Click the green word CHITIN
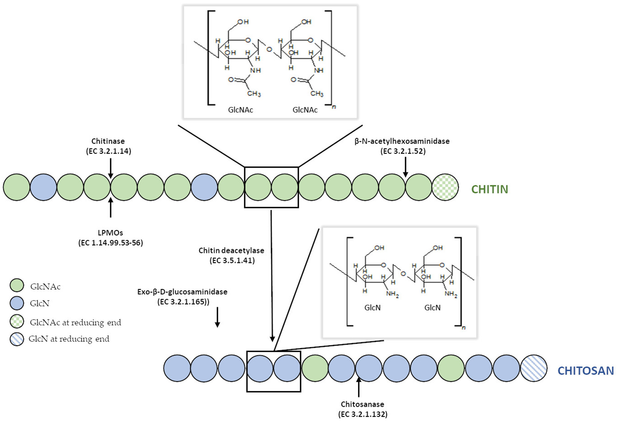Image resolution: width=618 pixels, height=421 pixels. point(489,189)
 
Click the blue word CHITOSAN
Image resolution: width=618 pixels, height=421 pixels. point(585,371)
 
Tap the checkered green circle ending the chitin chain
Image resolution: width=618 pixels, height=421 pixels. point(445,187)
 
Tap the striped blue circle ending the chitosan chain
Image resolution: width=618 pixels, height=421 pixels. point(534,368)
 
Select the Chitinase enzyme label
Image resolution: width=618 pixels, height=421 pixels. point(108,141)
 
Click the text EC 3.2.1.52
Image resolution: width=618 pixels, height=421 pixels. point(403,151)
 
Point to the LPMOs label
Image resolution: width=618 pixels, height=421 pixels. point(110,233)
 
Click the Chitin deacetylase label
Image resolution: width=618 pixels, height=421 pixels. point(231,250)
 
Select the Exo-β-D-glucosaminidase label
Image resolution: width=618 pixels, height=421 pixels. point(182,292)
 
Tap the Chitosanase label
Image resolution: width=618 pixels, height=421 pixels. point(362,404)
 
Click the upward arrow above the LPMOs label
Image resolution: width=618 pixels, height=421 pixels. point(110,207)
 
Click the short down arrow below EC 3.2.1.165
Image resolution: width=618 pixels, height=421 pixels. point(217,317)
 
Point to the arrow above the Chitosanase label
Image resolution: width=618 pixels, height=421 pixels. point(358,387)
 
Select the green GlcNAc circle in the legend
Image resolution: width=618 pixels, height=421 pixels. point(17,285)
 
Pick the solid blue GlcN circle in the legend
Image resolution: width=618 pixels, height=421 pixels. point(17,303)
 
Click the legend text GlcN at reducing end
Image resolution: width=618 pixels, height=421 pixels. point(69,339)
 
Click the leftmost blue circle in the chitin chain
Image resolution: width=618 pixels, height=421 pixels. point(43,187)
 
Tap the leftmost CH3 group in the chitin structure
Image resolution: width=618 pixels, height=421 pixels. point(254,93)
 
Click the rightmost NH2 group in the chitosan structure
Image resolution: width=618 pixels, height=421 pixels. point(451,294)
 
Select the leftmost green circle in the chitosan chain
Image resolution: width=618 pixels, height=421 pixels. point(315,368)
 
